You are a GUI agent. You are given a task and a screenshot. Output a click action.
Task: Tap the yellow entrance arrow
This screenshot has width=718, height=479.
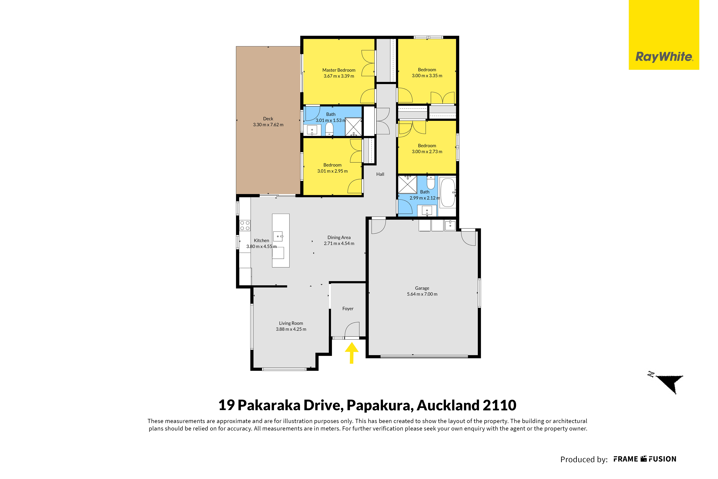(352, 353)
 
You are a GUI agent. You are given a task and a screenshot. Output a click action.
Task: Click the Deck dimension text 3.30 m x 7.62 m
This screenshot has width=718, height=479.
(268, 125)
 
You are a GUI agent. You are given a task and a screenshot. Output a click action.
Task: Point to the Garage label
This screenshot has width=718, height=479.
(422, 288)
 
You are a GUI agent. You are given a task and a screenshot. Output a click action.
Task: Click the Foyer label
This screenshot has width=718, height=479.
(348, 308)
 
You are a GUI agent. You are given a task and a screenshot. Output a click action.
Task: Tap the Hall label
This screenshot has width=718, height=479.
(380, 174)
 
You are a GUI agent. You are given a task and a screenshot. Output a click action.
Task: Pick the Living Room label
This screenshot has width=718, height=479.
(291, 323)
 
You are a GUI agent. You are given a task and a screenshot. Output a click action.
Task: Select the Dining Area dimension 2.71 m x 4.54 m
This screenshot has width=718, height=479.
(339, 243)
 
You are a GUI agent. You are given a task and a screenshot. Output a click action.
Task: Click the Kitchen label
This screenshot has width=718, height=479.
(261, 240)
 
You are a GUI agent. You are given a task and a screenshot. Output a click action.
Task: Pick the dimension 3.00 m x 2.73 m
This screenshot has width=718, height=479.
(427, 152)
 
